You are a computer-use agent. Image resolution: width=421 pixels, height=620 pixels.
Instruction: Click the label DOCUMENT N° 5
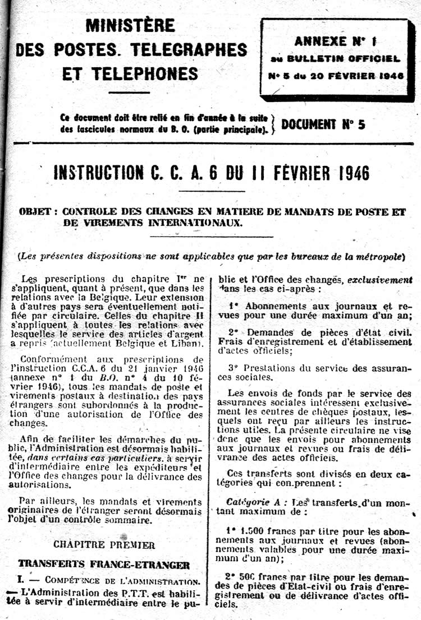click(323, 124)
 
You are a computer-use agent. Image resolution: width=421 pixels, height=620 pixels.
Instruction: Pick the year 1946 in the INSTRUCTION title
click(350, 173)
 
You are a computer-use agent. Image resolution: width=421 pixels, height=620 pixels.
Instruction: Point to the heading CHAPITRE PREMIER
click(104, 544)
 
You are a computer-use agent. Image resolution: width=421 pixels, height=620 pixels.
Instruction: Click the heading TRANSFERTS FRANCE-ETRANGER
click(104, 564)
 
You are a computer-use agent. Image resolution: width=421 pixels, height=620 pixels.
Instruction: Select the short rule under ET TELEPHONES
click(129, 92)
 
